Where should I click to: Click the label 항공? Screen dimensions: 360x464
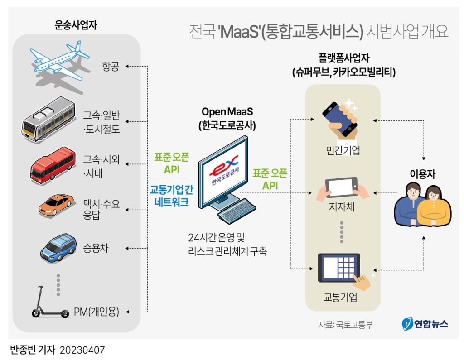click(x=110, y=67)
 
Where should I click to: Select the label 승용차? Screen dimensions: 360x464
click(x=96, y=248)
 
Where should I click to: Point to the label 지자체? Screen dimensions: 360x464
click(x=342, y=209)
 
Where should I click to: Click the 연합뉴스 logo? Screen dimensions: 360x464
click(x=425, y=324)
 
